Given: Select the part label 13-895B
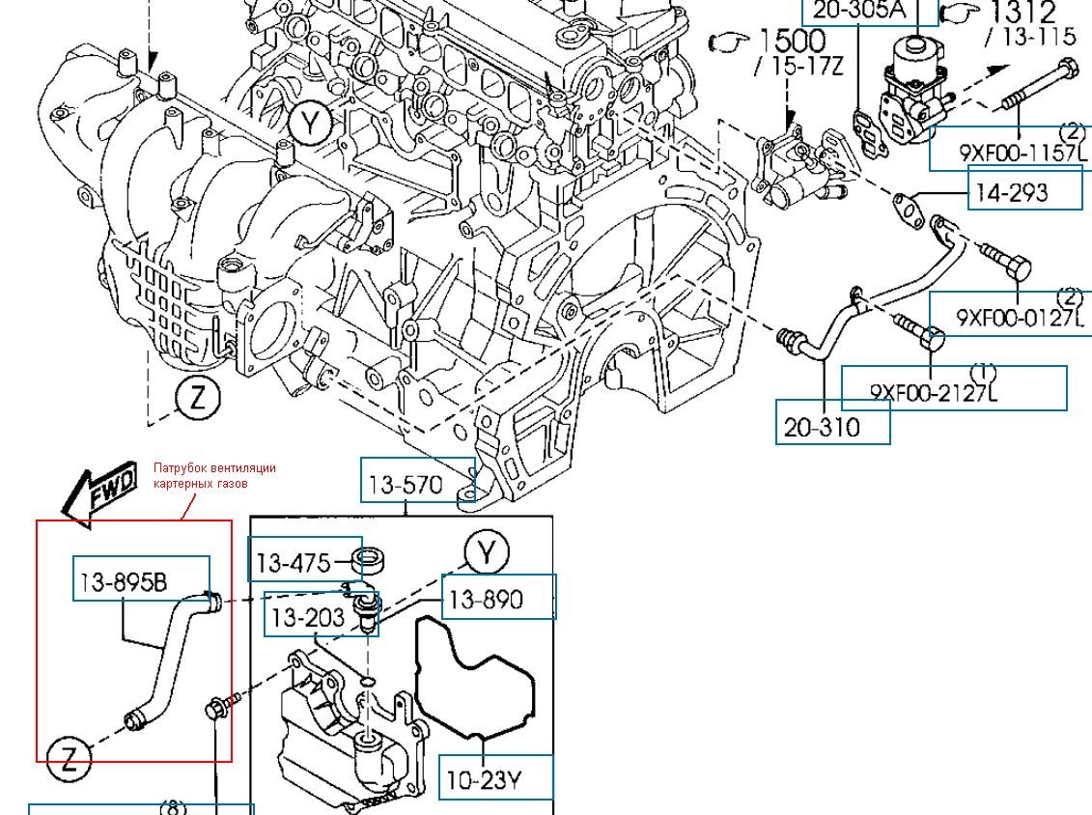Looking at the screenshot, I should point(124,581).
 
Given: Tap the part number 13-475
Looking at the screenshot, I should point(292,562).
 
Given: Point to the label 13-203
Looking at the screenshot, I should point(308,617).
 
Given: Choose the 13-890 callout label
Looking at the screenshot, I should point(486,600).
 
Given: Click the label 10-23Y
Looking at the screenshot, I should point(484,779).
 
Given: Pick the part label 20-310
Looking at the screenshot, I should point(822,427).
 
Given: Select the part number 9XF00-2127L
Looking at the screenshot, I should point(933,392).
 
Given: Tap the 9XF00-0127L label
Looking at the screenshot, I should point(1021,317).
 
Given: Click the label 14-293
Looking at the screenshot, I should point(1011,192).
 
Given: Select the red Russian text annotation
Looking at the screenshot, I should point(214,475).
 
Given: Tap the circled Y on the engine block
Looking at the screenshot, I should point(310,124).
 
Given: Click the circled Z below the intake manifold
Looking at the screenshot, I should point(198,398).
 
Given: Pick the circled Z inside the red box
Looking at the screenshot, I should point(69,758).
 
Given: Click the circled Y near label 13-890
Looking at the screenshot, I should point(488,552).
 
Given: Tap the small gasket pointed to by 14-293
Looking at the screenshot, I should point(905,204).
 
